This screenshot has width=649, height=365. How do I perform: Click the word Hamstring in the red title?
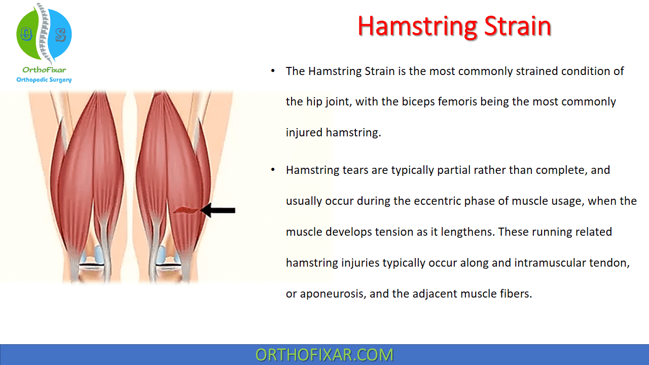pyautogui.click(x=418, y=27)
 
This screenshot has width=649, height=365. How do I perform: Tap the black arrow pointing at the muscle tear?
pyautogui.click(x=218, y=210)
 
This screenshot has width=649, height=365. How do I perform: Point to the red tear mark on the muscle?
pyautogui.click(x=186, y=210)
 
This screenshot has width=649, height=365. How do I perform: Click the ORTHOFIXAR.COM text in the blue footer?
pyautogui.click(x=324, y=355)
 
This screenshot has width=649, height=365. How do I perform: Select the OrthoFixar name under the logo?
pyautogui.click(x=44, y=70)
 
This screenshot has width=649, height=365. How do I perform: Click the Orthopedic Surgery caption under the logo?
pyautogui.click(x=44, y=80)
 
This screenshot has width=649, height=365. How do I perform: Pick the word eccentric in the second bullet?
pyautogui.click(x=438, y=201)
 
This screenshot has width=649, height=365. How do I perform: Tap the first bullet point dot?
pyautogui.click(x=273, y=71)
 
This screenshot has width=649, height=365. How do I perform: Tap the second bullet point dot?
pyautogui.click(x=273, y=170)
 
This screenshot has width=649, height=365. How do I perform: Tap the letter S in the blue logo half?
pyautogui.click(x=60, y=35)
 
